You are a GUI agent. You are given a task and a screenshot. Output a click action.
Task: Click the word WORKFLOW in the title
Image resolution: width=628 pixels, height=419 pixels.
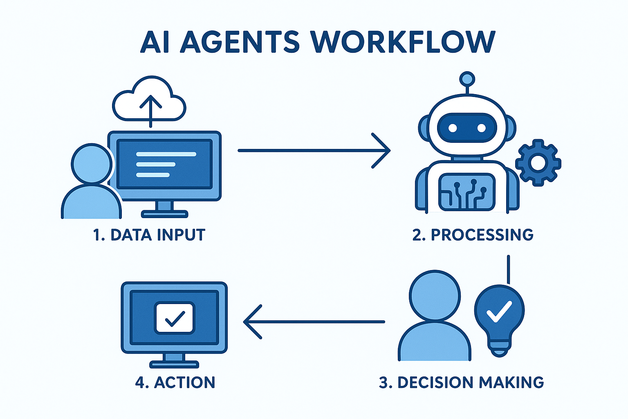[x=403, y=42]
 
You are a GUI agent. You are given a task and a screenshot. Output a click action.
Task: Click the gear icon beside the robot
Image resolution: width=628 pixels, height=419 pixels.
[x=538, y=163]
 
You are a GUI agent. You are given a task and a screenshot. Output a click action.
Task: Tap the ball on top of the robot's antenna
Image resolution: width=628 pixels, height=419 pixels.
[x=467, y=78]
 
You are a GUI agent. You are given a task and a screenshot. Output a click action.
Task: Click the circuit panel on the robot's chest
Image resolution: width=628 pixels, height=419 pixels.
[x=467, y=192]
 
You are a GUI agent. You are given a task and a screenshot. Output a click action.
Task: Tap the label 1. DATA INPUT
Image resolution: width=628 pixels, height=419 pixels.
[x=149, y=235]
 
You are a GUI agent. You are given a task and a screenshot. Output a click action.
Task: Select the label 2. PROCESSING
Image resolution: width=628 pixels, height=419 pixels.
[x=473, y=235]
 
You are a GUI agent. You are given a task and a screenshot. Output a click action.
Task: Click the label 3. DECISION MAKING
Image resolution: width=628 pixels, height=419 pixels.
[x=462, y=382]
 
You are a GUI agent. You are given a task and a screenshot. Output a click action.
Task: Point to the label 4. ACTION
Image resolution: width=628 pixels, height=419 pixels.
[x=175, y=382]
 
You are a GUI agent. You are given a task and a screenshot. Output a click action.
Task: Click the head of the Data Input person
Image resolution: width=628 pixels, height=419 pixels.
[x=92, y=164]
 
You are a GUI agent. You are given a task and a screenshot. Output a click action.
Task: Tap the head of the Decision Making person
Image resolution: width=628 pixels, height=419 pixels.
[x=435, y=295]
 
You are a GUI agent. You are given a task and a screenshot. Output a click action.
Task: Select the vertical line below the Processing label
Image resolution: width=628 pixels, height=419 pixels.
[x=508, y=269]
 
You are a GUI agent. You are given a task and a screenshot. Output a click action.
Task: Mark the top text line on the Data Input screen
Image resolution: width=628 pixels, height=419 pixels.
[x=166, y=154]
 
